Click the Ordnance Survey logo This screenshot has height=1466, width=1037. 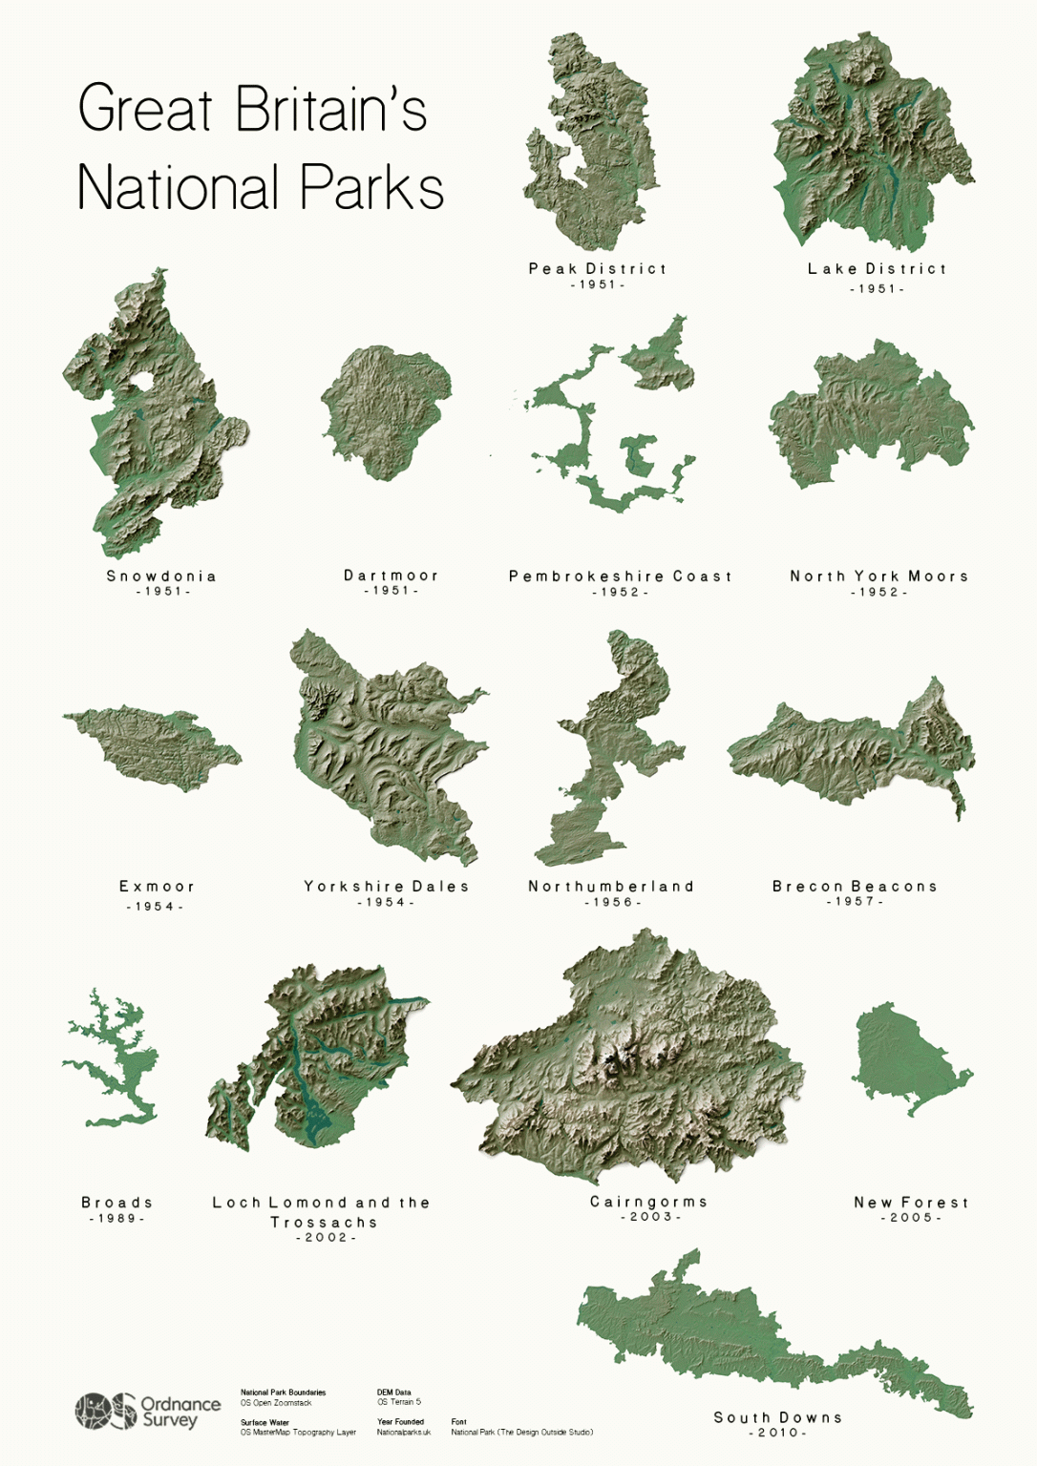(x=147, y=1411)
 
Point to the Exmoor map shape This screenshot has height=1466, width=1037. (x=153, y=742)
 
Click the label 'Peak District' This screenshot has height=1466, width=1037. (x=598, y=269)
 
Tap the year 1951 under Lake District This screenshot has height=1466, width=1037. (x=877, y=288)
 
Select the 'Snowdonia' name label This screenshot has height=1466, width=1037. (x=161, y=576)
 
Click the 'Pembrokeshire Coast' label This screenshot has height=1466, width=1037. (x=621, y=576)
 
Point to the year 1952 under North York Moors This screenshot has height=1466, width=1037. (x=878, y=592)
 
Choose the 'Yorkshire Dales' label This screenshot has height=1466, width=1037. (x=387, y=887)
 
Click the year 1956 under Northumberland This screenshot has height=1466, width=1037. (x=612, y=902)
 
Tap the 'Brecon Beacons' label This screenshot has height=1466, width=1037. (x=855, y=887)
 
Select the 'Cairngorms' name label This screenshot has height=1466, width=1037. (x=648, y=1202)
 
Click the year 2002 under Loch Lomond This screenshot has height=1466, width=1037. (x=326, y=1237)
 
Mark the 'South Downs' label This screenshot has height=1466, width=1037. (x=778, y=1417)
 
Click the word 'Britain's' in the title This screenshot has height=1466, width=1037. (x=330, y=109)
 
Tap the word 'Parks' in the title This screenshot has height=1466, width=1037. (x=371, y=187)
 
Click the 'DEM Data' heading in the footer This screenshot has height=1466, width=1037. (x=393, y=1393)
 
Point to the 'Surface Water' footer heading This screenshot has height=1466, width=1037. (x=265, y=1422)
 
